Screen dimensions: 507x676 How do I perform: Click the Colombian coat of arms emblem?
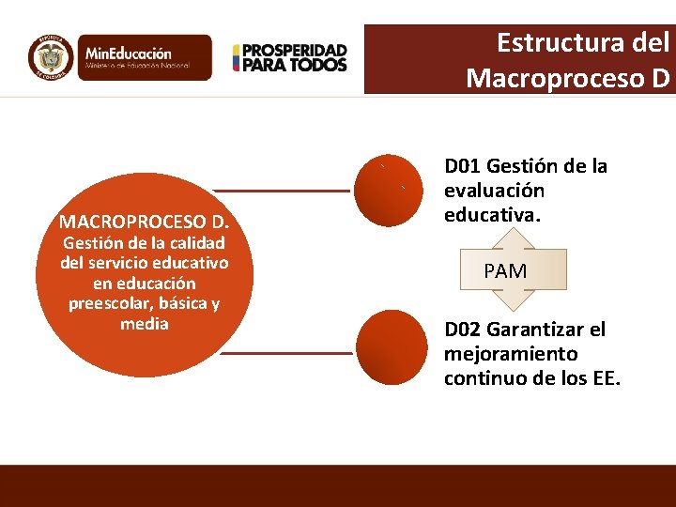click(x=50, y=57)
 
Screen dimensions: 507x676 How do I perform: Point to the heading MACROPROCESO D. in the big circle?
click(x=145, y=223)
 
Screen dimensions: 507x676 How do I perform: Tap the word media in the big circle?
click(x=145, y=324)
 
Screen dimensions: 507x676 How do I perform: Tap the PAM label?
click(x=505, y=271)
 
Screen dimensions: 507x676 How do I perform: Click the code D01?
click(x=463, y=167)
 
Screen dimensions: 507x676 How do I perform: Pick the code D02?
click(x=463, y=330)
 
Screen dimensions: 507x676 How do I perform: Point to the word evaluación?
click(x=494, y=191)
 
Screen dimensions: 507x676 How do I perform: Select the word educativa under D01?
click(x=491, y=215)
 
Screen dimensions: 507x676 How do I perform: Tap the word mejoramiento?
click(x=511, y=355)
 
